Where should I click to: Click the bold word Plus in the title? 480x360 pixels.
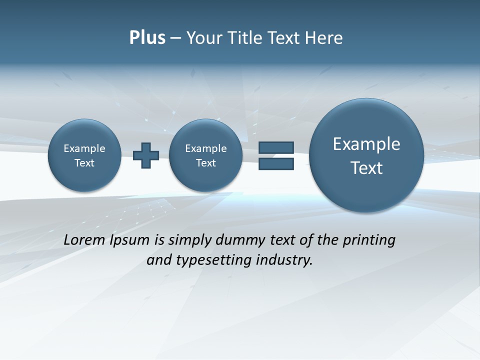point(147,38)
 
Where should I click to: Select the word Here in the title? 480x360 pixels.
point(325,38)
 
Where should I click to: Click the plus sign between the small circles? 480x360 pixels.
point(146,155)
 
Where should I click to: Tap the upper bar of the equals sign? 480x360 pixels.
point(276,147)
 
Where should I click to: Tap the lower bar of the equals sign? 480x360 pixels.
point(276,163)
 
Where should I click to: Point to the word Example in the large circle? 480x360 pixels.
point(366,144)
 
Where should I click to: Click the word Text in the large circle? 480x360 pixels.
point(366,168)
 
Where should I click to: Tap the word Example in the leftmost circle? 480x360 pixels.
point(84,148)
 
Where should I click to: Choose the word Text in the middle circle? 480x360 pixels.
point(205,163)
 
